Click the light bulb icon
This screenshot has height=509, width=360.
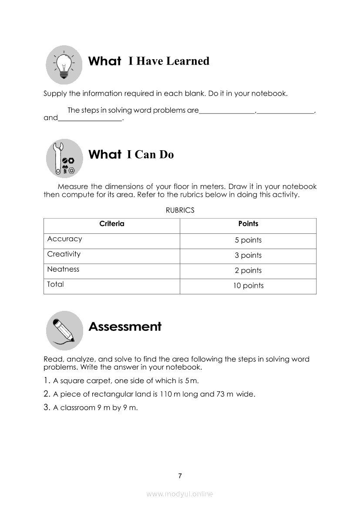pyautogui.click(x=64, y=65)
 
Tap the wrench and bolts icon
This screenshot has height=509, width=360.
pyautogui.click(x=64, y=158)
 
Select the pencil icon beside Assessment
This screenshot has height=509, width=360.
pyautogui.click(x=64, y=330)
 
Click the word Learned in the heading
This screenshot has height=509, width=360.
pyautogui.click(x=188, y=61)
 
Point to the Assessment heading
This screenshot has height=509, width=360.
pyautogui.click(x=125, y=327)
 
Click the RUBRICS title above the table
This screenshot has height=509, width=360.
pyautogui.click(x=180, y=210)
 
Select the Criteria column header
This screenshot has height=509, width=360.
pyautogui.click(x=112, y=224)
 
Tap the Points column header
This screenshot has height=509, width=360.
pyautogui.click(x=248, y=224)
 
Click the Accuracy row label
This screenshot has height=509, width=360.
pyautogui.click(x=64, y=239)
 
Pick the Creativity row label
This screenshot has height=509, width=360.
pyautogui.click(x=64, y=254)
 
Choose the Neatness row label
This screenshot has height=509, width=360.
pyautogui.click(x=63, y=270)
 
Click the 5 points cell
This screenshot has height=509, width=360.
pyautogui.click(x=248, y=240)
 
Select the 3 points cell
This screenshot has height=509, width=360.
pyautogui.click(x=248, y=256)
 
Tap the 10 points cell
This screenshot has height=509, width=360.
pyautogui.click(x=248, y=286)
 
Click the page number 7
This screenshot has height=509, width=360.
pyautogui.click(x=180, y=476)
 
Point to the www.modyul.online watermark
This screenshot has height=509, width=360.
pyautogui.click(x=180, y=494)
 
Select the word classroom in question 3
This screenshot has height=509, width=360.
pyautogui.click(x=77, y=408)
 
